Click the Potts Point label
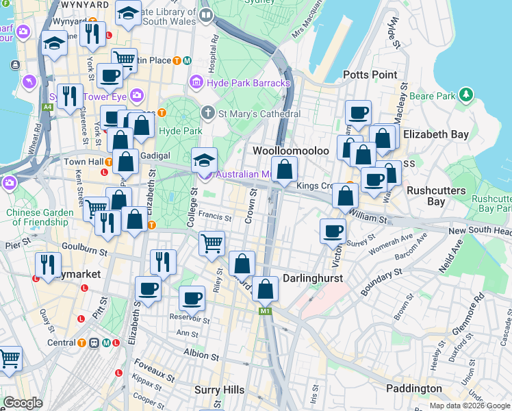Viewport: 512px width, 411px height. click(x=370, y=75)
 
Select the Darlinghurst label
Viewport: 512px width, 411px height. click(x=312, y=279)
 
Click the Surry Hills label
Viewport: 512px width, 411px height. click(x=220, y=390)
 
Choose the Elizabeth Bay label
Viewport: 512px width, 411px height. click(x=435, y=135)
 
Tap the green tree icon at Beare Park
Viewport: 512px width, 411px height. click(x=466, y=94)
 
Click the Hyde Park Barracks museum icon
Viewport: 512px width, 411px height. click(x=197, y=83)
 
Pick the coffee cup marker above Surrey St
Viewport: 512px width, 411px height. click(x=333, y=230)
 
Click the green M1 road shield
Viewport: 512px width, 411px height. click(x=266, y=312)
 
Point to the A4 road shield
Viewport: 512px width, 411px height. click(x=48, y=107)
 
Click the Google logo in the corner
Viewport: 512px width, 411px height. click(x=23, y=403)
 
